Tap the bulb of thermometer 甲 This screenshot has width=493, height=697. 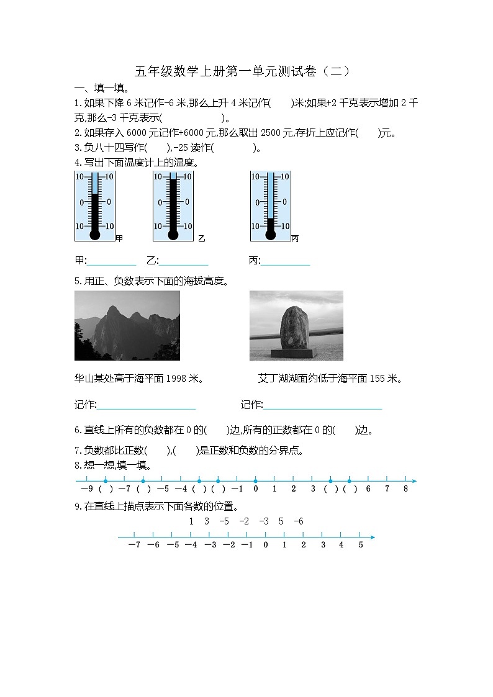click(x=94, y=235)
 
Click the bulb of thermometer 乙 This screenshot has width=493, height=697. click(x=173, y=235)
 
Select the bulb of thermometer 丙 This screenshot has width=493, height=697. click(x=270, y=235)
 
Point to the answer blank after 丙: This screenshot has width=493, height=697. click(x=286, y=261)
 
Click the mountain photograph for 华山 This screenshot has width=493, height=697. click(x=127, y=325)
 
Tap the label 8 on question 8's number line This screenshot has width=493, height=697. click(x=405, y=489)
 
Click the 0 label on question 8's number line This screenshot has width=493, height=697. click(x=256, y=489)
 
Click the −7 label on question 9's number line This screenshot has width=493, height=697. click(x=134, y=545)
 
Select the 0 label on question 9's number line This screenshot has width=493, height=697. click(x=266, y=545)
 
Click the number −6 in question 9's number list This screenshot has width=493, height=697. click(x=298, y=521)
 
